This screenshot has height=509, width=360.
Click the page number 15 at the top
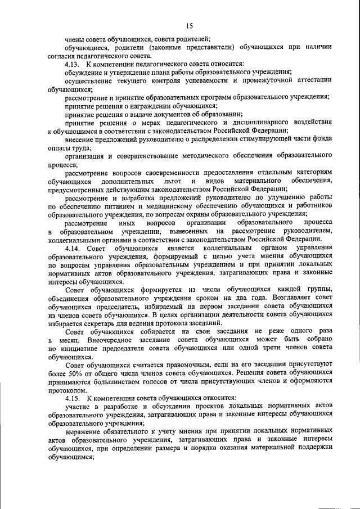coord(189,25)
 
